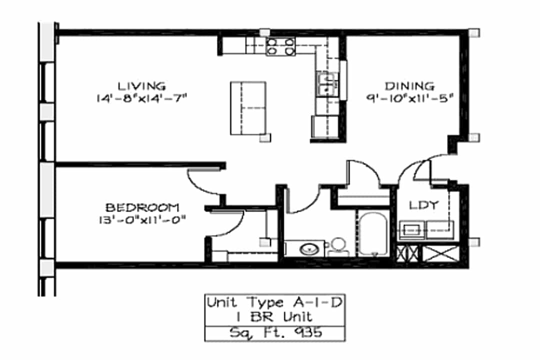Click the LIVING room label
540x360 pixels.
pos(141,86)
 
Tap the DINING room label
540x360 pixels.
pos(409,86)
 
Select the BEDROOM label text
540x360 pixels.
pos(142,207)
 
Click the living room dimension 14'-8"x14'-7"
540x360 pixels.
pos(141,98)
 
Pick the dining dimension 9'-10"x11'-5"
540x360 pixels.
pos(409,98)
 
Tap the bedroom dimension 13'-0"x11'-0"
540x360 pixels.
pos(142,220)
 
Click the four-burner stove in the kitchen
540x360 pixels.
pos(280,46)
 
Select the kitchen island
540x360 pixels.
pos(248,108)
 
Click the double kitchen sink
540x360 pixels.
pos(327,84)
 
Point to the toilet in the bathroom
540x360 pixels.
pos(338,247)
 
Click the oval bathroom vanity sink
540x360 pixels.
pos(309,248)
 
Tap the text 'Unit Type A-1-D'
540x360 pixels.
pos(274,303)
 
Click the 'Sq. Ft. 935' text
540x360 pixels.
pos(276,333)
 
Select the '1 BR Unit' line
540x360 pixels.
pos(274,317)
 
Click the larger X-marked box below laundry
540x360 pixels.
pos(441,253)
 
